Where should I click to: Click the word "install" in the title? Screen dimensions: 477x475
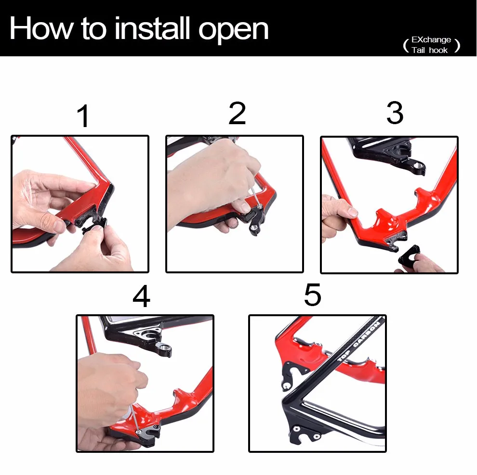click(x=153, y=28)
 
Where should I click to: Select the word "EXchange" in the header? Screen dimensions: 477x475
click(x=431, y=39)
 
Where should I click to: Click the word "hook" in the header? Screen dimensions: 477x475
click(x=438, y=50)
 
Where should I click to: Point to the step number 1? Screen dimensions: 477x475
click(x=83, y=116)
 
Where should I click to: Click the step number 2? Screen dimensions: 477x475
click(x=237, y=113)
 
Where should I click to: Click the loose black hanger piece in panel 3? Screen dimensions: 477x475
click(x=408, y=255)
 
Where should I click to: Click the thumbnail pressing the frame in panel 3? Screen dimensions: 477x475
click(x=352, y=212)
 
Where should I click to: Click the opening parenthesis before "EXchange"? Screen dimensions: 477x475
click(x=406, y=46)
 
